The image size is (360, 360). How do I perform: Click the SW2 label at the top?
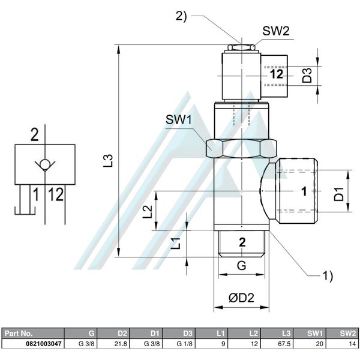click(x=276, y=31)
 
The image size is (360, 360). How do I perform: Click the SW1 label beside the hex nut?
click(x=178, y=120)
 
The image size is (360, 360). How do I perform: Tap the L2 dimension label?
click(x=146, y=211)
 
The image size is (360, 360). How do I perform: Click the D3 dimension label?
click(x=307, y=75)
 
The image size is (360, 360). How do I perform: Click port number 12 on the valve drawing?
click(x=276, y=75)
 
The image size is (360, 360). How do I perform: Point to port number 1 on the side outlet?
click(x=304, y=191)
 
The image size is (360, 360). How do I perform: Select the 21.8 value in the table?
click(x=121, y=344)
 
